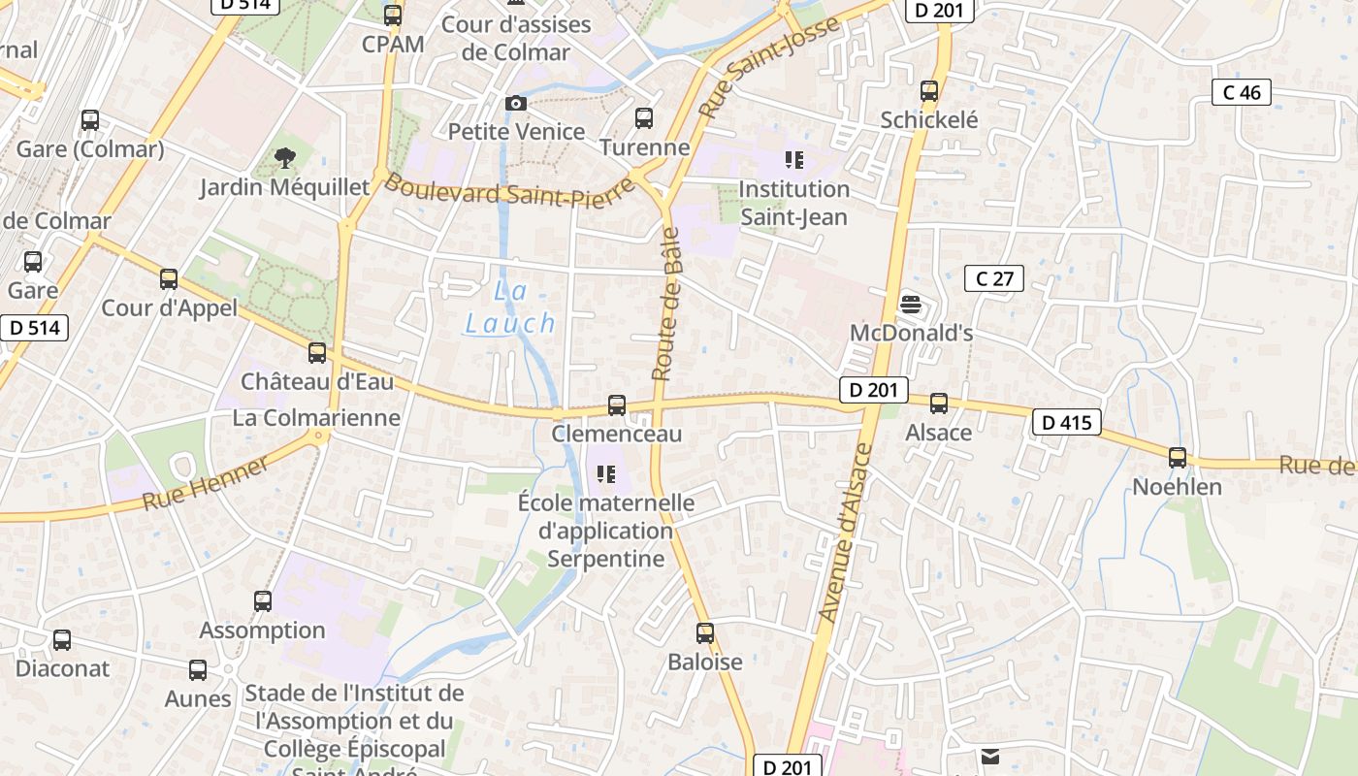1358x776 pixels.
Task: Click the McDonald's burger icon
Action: [x=910, y=304]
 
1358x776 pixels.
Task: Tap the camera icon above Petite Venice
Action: [x=516, y=103]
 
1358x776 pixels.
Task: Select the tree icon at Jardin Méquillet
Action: [x=285, y=157]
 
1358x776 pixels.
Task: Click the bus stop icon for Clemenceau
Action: [x=617, y=405]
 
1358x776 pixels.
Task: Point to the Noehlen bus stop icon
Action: [x=1178, y=458]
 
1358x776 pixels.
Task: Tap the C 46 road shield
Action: [x=1242, y=93]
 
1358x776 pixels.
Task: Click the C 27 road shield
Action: [x=994, y=279]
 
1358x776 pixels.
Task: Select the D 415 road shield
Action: [x=1067, y=423]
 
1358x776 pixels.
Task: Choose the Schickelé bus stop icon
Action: [x=929, y=92]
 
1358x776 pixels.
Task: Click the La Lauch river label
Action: [x=510, y=307]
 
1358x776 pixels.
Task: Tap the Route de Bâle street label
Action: [x=665, y=304]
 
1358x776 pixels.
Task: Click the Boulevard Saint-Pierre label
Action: [x=508, y=192]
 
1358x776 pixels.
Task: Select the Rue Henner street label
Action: [x=207, y=485]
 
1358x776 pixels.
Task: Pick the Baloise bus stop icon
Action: [x=705, y=633]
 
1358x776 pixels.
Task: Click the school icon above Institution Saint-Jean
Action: [x=794, y=160]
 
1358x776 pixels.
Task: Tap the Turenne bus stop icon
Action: [x=644, y=118]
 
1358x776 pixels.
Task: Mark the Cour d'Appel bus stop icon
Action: [x=169, y=279]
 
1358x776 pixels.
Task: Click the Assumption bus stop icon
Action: [x=263, y=601]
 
